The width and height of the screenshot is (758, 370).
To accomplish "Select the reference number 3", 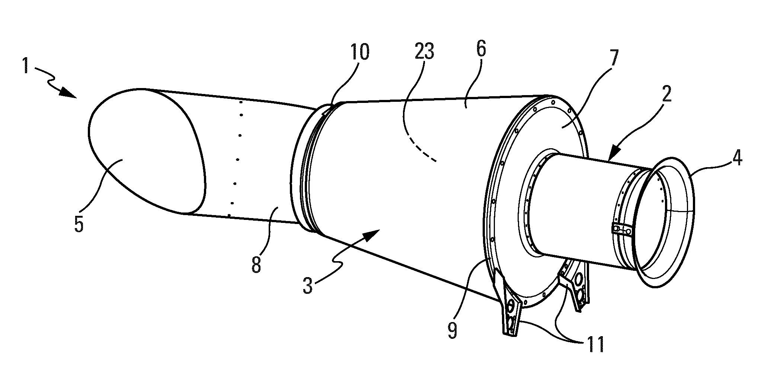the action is tap(307, 286).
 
